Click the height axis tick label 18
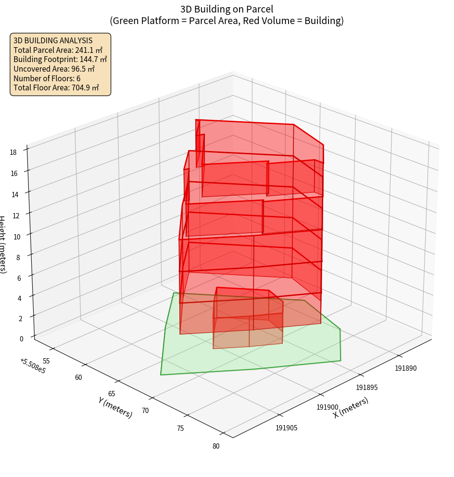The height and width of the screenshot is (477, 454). pyautogui.click(x=13, y=152)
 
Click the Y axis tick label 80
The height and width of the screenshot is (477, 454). pyautogui.click(x=216, y=446)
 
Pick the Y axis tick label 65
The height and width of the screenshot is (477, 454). pyautogui.click(x=112, y=393)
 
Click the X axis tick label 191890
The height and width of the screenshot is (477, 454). pyautogui.click(x=406, y=368)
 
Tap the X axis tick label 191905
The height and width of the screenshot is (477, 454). pyautogui.click(x=286, y=427)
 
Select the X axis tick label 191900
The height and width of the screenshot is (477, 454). pyautogui.click(x=328, y=407)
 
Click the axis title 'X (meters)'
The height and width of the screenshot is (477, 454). pyautogui.click(x=351, y=407)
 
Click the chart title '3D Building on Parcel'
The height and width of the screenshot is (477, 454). pyautogui.click(x=227, y=9)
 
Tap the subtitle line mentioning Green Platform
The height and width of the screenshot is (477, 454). pyautogui.click(x=227, y=21)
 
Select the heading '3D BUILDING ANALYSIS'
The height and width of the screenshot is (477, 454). pyautogui.click(x=53, y=41)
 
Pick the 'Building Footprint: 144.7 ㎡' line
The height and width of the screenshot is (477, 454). pyautogui.click(x=60, y=60)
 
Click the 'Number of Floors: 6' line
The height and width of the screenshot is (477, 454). pyautogui.click(x=47, y=78)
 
